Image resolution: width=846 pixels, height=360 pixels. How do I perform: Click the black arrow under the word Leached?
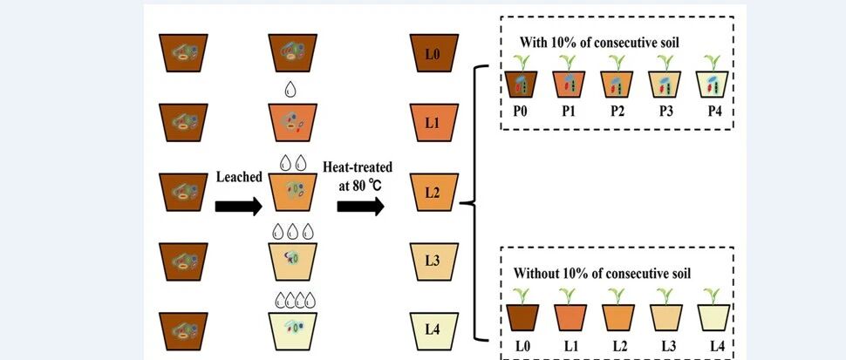point(237,207)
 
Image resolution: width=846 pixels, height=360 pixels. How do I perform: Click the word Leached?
point(238,177)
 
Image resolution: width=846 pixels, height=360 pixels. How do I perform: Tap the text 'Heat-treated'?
point(360,166)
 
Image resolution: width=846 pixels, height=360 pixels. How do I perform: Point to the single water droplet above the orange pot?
point(290,89)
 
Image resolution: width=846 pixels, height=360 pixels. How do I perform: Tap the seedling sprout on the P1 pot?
point(570,62)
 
